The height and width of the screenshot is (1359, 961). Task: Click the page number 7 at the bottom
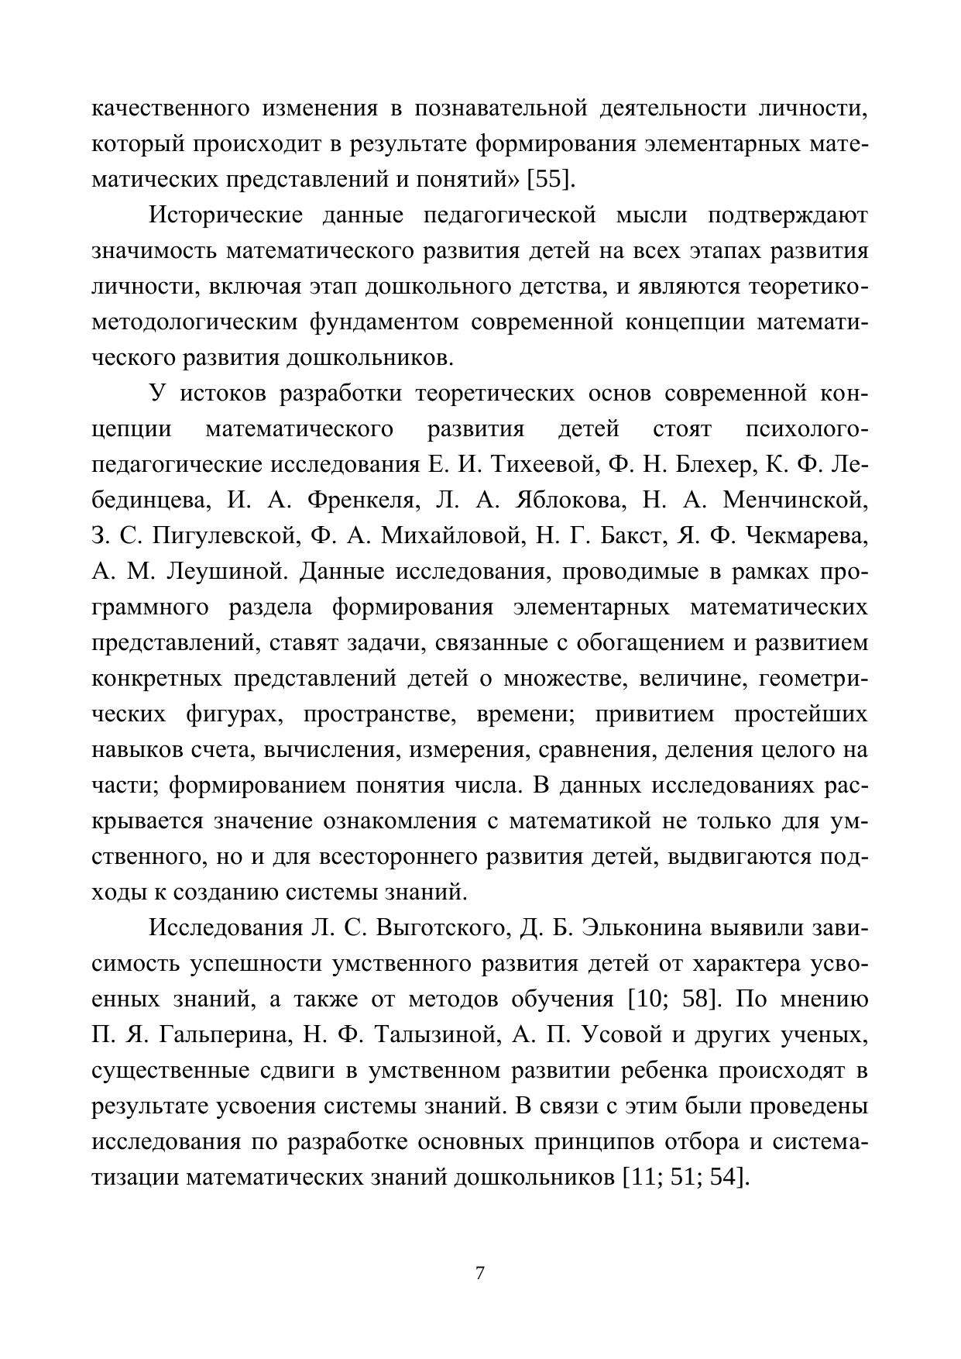[x=480, y=1273]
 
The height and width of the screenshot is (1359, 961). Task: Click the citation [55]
[x=551, y=180]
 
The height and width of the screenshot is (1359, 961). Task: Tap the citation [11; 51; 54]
[x=686, y=1177]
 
